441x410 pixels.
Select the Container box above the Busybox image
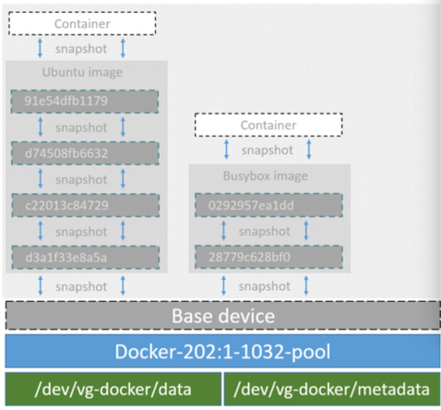(x=268, y=124)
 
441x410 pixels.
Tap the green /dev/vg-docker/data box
(x=113, y=388)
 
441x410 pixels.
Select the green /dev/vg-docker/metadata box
(x=331, y=388)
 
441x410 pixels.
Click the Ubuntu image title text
(x=86, y=72)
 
